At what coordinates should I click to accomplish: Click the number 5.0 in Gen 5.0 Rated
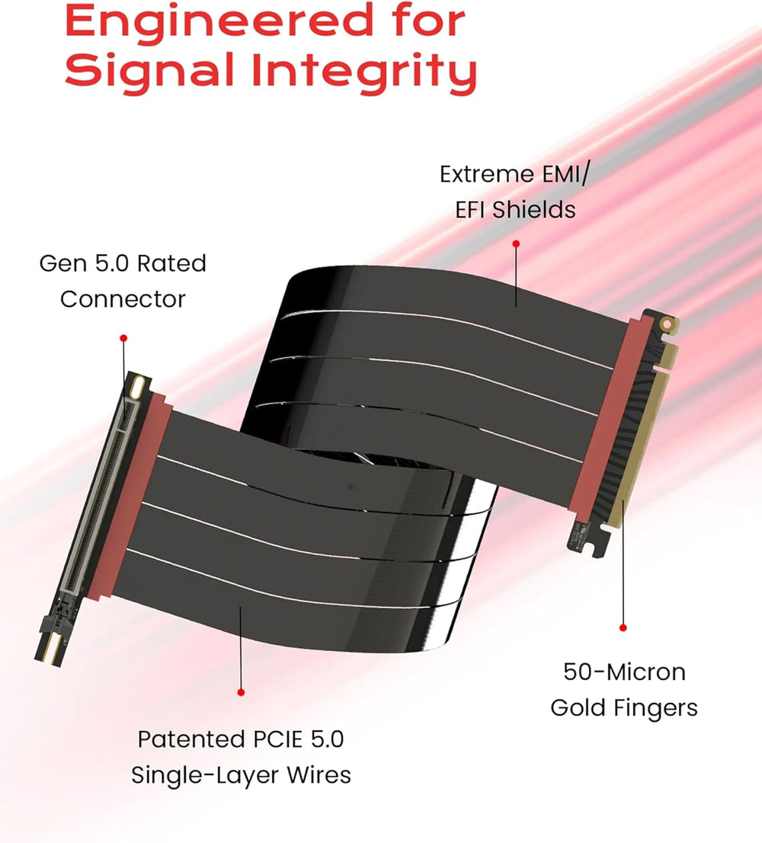112,263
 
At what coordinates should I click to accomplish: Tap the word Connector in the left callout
123,299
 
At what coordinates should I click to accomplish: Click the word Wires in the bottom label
319,774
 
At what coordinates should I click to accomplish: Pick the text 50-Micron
624,672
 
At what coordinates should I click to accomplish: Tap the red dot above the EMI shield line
516,244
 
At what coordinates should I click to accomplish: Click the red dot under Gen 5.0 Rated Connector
123,338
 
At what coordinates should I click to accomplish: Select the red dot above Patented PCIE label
241,692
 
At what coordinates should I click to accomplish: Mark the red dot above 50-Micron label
623,628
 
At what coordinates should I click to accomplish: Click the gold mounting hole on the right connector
667,324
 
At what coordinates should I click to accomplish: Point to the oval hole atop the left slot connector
137,386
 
